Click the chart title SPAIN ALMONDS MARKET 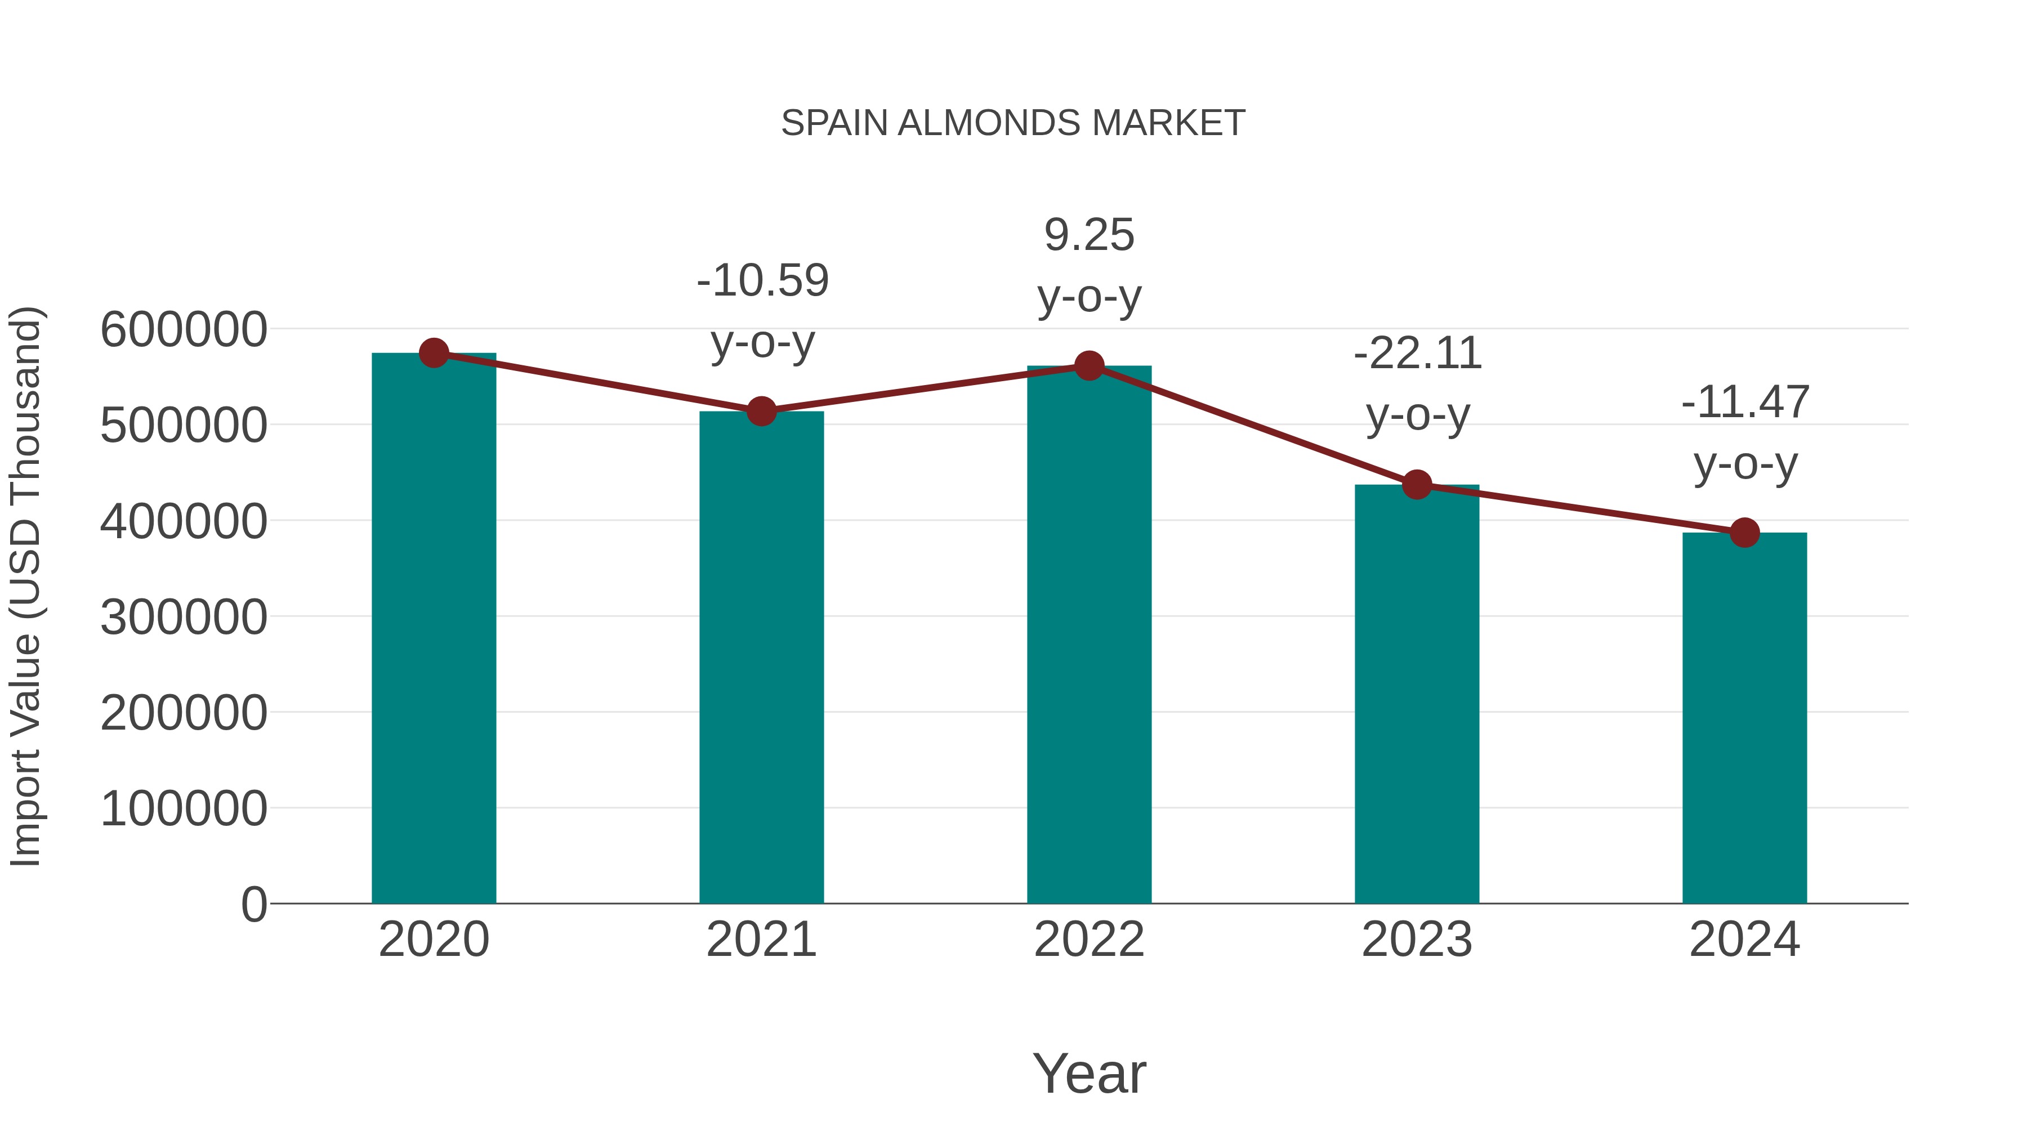[1013, 123]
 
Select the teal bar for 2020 [434, 629]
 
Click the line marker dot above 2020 [434, 353]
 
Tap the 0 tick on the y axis [253, 904]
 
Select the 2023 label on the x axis [1417, 940]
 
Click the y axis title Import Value [25, 586]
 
